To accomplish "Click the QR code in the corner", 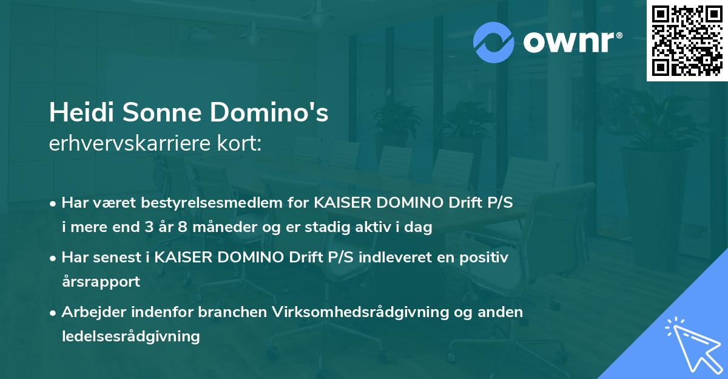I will click(x=686, y=40).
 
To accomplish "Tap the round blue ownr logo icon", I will click(x=494, y=42).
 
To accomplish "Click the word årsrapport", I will click(x=101, y=282).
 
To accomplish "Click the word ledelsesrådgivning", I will click(x=130, y=336).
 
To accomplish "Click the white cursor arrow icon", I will click(x=691, y=343).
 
